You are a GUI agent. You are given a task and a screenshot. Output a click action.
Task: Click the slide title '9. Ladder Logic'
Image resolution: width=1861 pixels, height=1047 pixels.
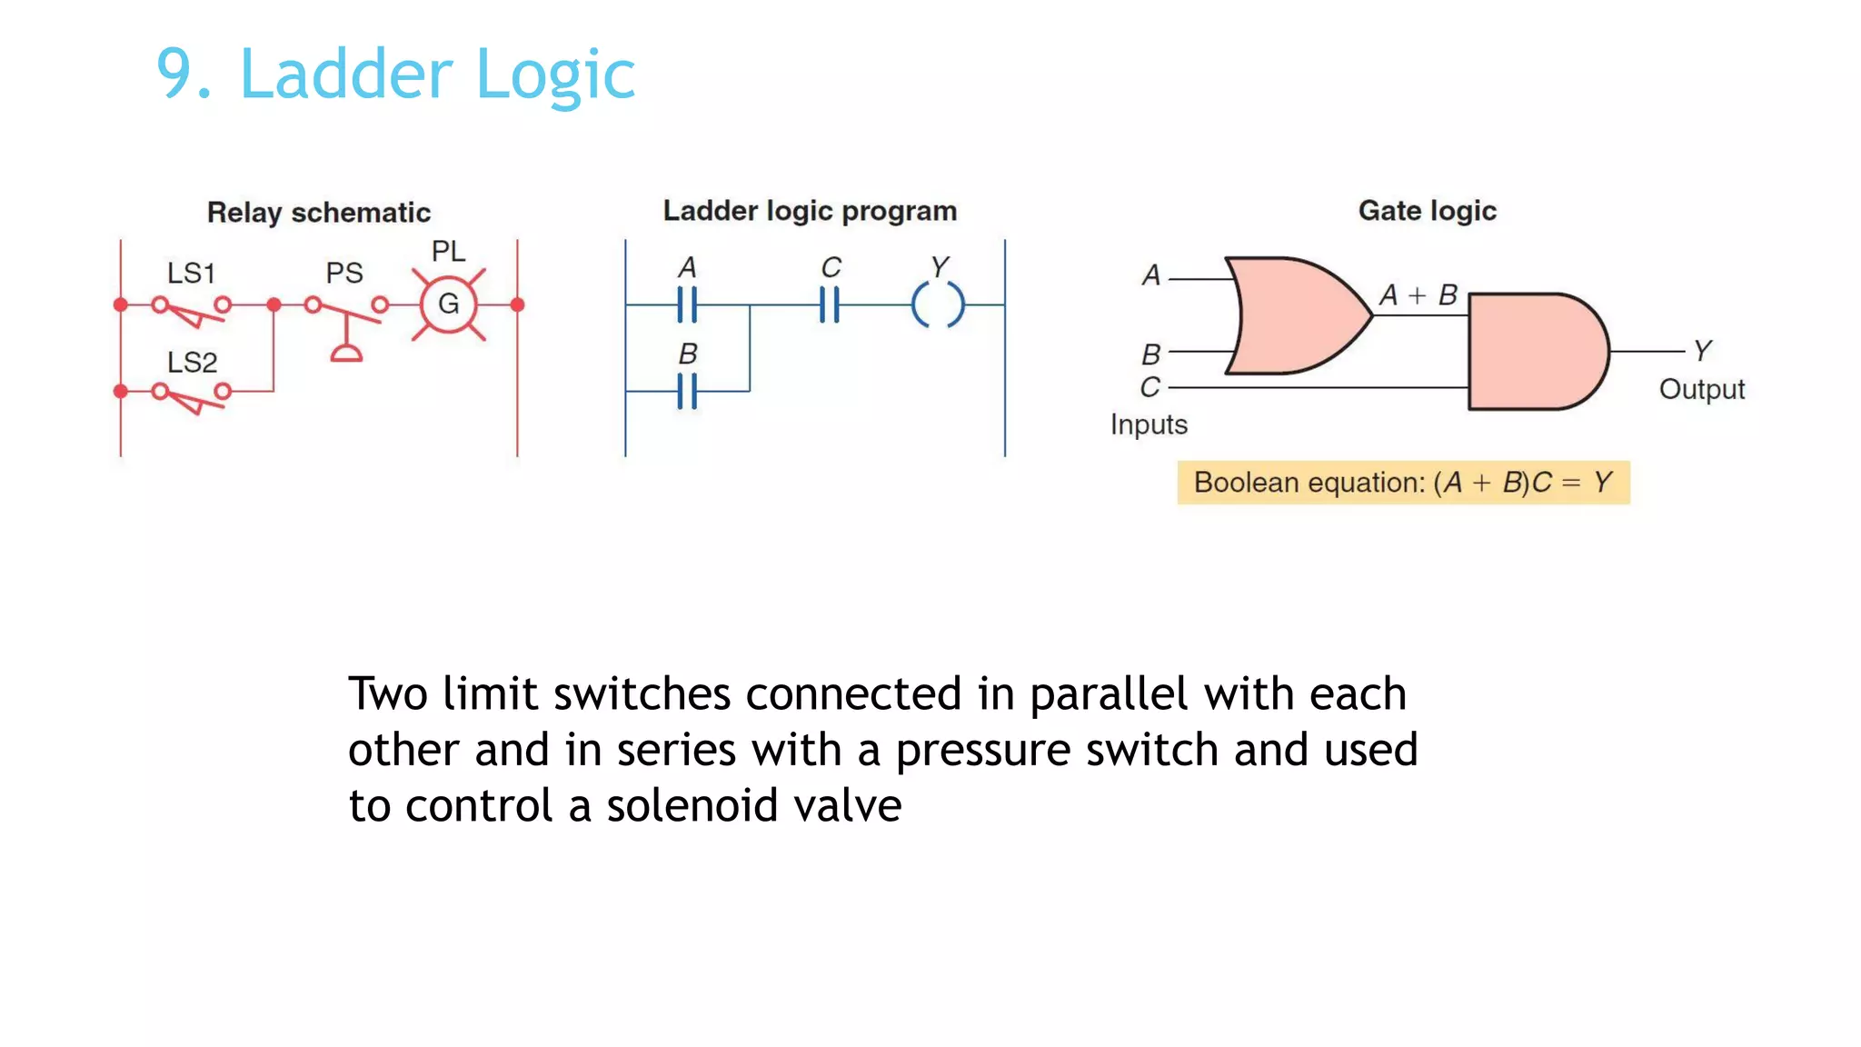point(395,74)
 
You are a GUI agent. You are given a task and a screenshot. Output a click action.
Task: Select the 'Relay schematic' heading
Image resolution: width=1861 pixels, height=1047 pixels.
point(318,213)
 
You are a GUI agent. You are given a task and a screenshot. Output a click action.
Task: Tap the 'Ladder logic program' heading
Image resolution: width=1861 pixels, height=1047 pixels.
point(810,211)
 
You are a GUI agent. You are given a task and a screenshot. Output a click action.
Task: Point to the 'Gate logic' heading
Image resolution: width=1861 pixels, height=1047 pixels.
point(1427,211)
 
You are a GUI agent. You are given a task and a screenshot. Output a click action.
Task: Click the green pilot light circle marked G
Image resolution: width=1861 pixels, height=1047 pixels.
point(448,304)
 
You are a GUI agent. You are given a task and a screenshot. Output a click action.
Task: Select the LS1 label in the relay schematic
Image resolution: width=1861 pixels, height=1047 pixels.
point(191,273)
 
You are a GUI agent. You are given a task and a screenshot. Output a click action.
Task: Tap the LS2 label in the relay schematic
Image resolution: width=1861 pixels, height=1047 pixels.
point(192,362)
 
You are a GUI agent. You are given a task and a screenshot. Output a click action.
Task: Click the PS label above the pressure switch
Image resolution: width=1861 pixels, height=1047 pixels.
point(344,273)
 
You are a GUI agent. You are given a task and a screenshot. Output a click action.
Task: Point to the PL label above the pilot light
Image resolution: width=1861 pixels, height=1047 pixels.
point(448,251)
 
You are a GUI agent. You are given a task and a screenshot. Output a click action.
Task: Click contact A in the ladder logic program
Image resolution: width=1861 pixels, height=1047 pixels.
point(687,304)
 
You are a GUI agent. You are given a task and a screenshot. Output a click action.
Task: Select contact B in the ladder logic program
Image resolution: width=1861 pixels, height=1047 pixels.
point(687,391)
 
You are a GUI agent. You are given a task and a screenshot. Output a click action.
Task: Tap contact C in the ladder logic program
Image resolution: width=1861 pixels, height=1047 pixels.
point(829,304)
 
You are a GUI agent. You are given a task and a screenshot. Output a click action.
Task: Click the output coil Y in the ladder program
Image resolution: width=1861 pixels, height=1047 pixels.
point(938,304)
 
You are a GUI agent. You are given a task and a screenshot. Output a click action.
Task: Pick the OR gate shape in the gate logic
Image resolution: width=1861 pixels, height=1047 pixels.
point(1295,315)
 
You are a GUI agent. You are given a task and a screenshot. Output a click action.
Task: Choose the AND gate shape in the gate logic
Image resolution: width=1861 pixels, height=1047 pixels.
point(1536,352)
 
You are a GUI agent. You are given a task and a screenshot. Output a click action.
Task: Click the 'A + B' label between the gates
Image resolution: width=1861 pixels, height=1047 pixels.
point(1418,294)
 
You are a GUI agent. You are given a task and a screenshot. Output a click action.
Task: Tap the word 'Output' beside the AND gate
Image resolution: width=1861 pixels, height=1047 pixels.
point(1701,389)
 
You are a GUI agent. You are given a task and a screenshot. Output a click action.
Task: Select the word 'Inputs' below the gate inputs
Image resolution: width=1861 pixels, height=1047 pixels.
point(1149,424)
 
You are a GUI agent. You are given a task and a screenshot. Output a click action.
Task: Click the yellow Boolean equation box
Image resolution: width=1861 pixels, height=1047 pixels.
point(1403,483)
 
